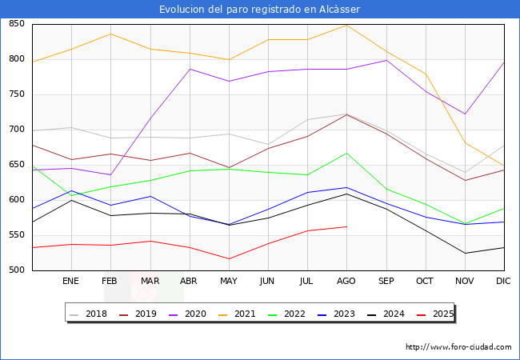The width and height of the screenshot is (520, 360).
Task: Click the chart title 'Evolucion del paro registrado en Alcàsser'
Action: pyautogui.click(x=259, y=10)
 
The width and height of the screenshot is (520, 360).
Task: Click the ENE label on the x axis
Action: pyautogui.click(x=71, y=281)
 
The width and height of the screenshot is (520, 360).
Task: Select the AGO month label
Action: pyautogui.click(x=346, y=281)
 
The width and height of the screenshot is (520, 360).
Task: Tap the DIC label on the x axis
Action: pyautogui.click(x=503, y=281)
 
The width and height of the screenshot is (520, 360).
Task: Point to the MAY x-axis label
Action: pyautogui.click(x=229, y=281)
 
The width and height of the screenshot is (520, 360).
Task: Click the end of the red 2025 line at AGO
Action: pyautogui.click(x=346, y=226)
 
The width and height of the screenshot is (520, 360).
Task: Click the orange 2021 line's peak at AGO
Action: pyautogui.click(x=346, y=25)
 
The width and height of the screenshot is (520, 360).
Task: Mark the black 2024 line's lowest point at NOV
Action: pyautogui.click(x=464, y=253)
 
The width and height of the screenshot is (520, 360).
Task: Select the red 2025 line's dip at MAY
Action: pyautogui.click(x=229, y=258)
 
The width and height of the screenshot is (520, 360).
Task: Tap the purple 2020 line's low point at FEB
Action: pyautogui.click(x=110, y=174)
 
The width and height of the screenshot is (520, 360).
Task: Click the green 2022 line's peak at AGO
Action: pyautogui.click(x=346, y=153)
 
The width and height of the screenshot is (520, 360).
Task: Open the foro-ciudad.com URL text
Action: pyautogui.click(x=458, y=347)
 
